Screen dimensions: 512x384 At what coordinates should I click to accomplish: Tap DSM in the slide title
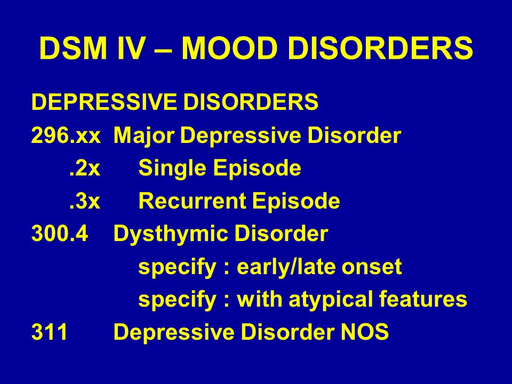tap(74, 49)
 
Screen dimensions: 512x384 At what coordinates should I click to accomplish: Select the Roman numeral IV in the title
tap(131, 49)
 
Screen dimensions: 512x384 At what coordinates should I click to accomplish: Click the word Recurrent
tap(192, 201)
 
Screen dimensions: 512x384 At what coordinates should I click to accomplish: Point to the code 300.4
tap(60, 234)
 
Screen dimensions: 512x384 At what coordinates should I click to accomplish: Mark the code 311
tap(50, 332)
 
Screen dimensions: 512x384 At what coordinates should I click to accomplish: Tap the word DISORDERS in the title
tap(380, 49)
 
